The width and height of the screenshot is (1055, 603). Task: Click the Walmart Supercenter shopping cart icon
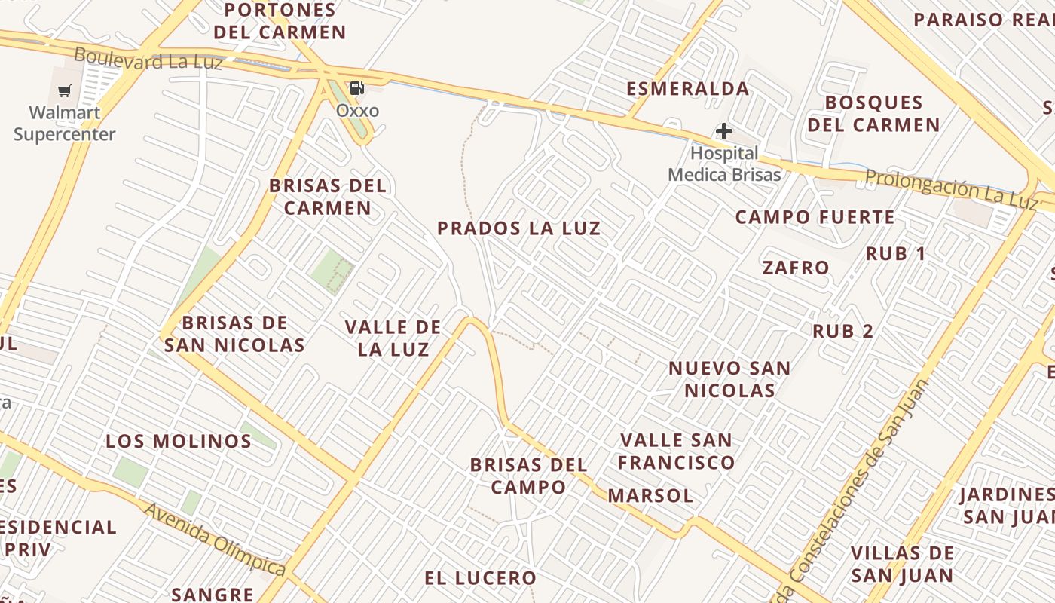(65, 91)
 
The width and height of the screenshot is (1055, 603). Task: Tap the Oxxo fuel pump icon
(357, 87)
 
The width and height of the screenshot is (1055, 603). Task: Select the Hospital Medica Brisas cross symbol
(723, 132)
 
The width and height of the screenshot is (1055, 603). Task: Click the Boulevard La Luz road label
(148, 58)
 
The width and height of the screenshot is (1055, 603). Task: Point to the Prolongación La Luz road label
(951, 188)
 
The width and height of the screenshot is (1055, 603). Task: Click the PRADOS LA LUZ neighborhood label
(519, 228)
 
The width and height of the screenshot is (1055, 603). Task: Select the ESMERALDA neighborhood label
(688, 89)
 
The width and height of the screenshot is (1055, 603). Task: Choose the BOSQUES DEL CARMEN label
(874, 113)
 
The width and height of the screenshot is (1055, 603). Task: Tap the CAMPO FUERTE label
(815, 218)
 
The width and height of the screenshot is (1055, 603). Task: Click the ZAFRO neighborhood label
(796, 268)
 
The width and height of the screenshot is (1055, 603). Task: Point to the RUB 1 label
(895, 254)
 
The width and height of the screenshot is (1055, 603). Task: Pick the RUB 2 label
(842, 331)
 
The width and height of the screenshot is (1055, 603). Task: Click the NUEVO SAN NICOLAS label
(729, 379)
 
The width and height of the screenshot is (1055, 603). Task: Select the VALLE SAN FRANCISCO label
(676, 451)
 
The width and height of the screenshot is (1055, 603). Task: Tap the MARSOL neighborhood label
(650, 495)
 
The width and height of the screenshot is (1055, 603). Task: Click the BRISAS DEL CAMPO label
(528, 476)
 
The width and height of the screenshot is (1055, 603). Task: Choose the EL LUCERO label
(480, 578)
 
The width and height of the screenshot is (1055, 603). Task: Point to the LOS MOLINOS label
(179, 441)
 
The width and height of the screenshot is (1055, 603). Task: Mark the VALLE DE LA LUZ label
(393, 338)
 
